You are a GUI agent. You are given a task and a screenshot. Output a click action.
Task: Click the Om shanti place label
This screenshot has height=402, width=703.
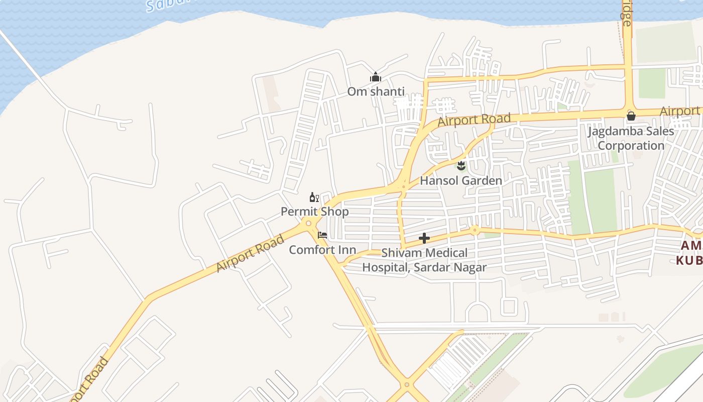point(376,92)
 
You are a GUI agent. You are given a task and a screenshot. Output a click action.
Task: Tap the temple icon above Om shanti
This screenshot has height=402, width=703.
point(376,77)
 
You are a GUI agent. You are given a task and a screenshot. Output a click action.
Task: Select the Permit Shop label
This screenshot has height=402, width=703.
point(314,212)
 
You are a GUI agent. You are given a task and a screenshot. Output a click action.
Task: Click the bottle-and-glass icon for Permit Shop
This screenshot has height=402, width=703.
point(314,197)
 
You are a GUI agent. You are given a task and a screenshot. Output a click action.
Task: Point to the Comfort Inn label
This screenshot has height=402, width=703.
point(322,250)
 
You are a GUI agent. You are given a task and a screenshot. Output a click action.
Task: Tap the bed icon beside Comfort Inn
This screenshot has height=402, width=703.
point(322,235)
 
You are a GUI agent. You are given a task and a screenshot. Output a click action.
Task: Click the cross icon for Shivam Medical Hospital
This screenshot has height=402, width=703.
point(424,238)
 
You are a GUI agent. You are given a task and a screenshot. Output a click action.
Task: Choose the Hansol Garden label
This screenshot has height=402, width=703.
point(460,180)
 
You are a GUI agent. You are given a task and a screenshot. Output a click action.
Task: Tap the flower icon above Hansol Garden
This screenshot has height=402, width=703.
point(461,165)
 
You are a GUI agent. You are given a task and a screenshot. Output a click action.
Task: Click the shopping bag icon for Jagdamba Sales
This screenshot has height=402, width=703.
point(631,116)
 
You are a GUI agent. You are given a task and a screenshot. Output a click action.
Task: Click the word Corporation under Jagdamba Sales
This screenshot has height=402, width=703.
point(631,146)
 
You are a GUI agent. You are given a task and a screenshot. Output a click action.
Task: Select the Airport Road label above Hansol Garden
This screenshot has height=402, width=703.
point(474,120)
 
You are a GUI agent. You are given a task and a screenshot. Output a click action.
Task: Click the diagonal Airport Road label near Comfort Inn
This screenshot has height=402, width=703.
point(250,254)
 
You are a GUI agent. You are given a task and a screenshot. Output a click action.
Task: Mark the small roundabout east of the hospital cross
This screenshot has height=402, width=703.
point(475,231)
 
